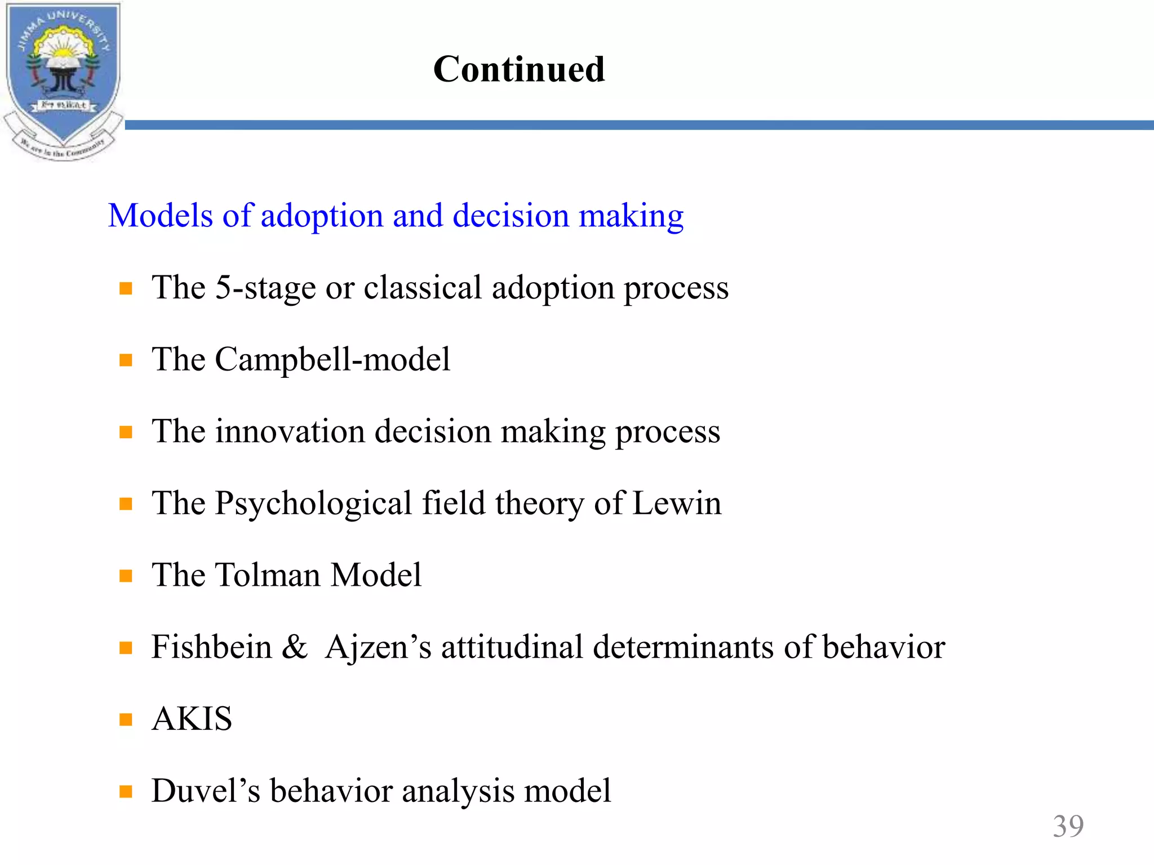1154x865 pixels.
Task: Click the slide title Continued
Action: coord(519,69)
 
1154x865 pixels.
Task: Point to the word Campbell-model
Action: coord(332,360)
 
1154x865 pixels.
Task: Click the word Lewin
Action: coord(677,503)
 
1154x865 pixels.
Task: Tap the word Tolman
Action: coord(268,576)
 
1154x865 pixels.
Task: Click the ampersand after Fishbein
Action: coord(295,647)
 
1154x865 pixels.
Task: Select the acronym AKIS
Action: coord(192,719)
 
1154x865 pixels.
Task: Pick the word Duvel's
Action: coord(206,791)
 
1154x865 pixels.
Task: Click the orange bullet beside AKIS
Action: coord(126,720)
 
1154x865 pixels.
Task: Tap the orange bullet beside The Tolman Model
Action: coord(126,576)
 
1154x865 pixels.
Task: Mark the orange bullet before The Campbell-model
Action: coord(126,360)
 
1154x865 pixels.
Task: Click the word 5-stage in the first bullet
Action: coord(265,288)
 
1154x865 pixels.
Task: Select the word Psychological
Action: coord(313,503)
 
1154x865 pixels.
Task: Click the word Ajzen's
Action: coord(378,647)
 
